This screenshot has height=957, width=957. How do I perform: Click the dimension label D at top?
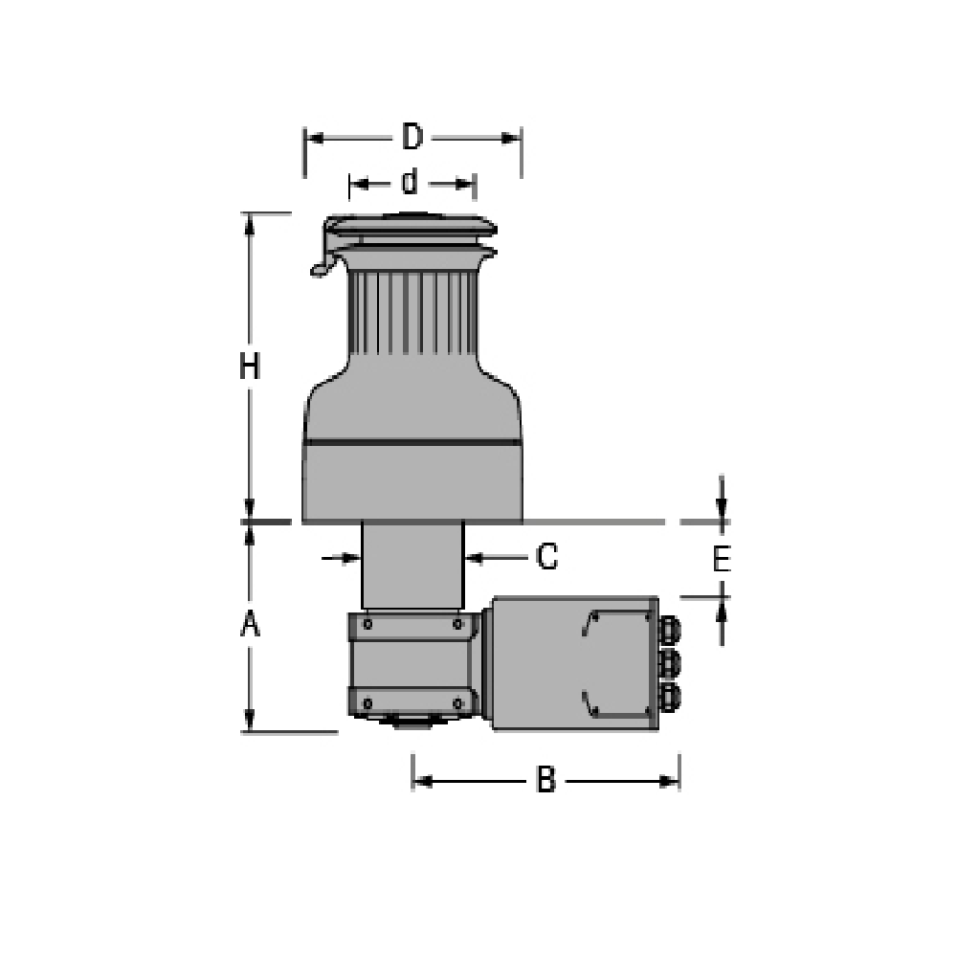point(412,138)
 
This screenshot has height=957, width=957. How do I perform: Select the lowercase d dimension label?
point(410,181)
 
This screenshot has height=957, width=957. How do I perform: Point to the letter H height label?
point(250,367)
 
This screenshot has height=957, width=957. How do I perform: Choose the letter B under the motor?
point(545,781)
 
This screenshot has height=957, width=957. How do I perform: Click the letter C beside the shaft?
point(546,556)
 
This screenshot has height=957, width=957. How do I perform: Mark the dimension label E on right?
point(722,559)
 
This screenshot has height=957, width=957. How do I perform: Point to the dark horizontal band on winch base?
point(412,443)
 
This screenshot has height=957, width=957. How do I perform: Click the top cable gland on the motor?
point(669,629)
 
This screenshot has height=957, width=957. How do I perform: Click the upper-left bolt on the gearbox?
point(367,624)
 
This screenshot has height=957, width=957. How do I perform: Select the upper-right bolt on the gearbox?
point(457,624)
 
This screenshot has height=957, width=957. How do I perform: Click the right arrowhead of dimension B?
point(671,781)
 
